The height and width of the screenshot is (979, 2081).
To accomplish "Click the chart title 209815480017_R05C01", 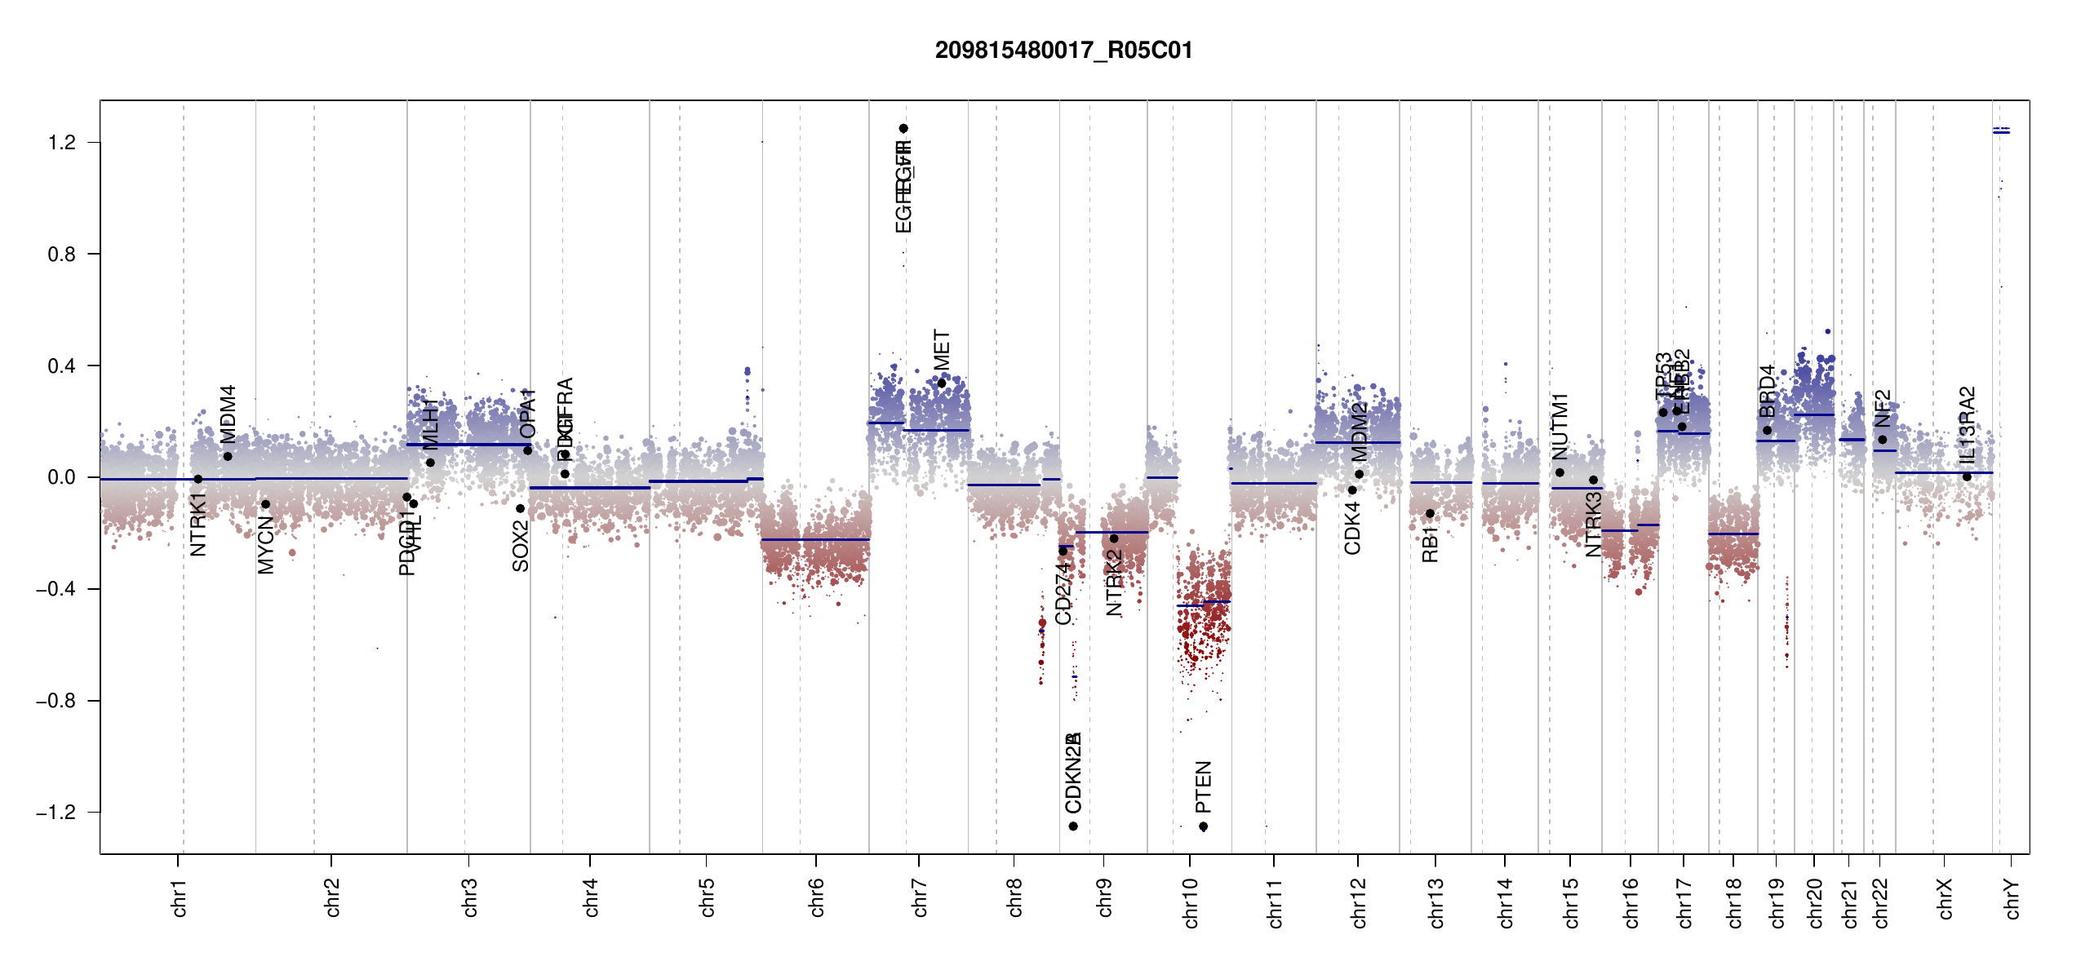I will pos(1063,51).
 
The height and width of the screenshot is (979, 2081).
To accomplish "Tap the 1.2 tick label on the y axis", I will pos(61,143).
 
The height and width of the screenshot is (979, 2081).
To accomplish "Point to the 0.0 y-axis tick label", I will pos(61,477).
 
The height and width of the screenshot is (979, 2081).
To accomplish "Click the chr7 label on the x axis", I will pos(920,897).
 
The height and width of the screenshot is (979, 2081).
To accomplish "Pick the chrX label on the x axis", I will pos(1945,898).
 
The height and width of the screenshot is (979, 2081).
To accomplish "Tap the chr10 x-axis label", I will pos(1190,902).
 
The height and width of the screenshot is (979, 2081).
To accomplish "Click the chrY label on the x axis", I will pos(2012,898).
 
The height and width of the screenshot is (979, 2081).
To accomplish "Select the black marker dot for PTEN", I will pos(1203,826).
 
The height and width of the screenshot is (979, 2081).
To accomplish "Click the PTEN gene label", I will pos(1203,786).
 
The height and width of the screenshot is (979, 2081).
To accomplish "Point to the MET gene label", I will pos(942,349).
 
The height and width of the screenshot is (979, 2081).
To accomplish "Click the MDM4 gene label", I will pos(228,414).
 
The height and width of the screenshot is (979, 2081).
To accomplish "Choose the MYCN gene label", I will pos(265,545).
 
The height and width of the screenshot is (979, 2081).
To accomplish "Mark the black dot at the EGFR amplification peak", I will pos(903,128).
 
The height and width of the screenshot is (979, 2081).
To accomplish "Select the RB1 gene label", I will pos(1430,544).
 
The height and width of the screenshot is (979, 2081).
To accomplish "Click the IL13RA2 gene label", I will pos(1967,425).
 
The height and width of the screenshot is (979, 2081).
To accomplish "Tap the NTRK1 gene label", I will pos(197,524).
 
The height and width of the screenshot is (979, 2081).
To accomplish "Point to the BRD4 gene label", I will pos(1767,391).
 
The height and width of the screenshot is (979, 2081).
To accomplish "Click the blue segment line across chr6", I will pos(815,539).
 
